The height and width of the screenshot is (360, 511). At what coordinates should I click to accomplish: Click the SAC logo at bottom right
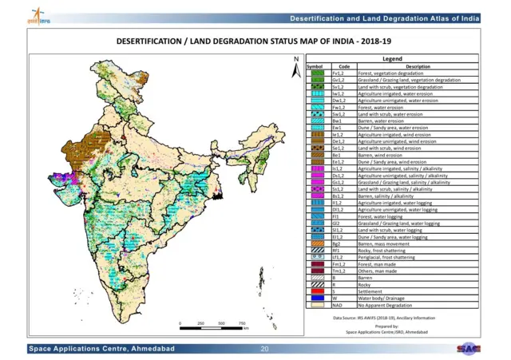(469, 349)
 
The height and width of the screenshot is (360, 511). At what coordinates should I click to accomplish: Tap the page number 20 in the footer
(265, 350)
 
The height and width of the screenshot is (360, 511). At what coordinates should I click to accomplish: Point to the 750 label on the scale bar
(243, 322)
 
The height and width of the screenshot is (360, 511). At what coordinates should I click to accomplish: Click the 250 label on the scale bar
(200, 322)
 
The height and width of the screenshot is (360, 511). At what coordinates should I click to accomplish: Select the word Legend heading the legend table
(392, 59)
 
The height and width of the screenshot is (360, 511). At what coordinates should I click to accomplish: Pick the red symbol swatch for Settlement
(315, 293)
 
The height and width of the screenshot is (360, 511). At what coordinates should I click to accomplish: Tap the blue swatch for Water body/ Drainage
(315, 299)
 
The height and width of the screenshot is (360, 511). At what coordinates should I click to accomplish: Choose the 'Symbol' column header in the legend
(315, 66)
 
